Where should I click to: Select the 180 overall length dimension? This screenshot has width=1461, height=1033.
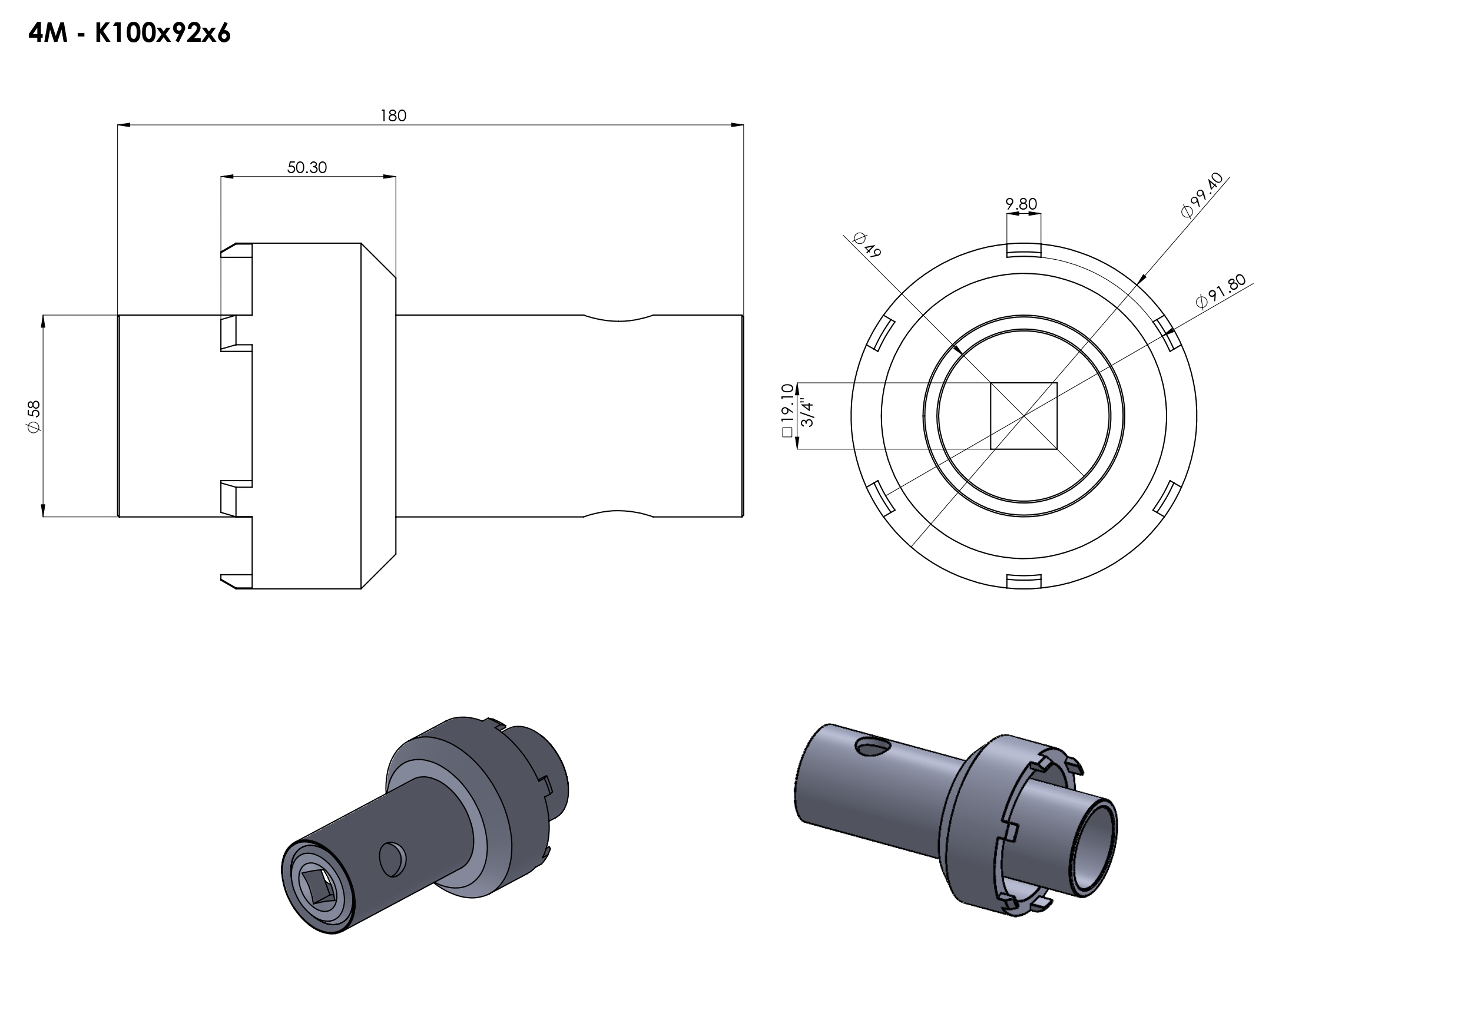pyautogui.click(x=393, y=115)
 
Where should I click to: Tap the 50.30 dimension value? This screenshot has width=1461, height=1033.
pyautogui.click(x=307, y=167)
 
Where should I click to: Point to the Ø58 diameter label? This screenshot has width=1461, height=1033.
pyautogui.click(x=34, y=416)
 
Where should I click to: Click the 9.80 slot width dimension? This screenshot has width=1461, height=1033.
pyautogui.click(x=1021, y=204)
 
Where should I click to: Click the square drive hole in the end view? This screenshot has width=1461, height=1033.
pyautogui.click(x=1023, y=416)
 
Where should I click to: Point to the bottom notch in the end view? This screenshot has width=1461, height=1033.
pyautogui.click(x=1024, y=582)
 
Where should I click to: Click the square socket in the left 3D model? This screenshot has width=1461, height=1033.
pyautogui.click(x=317, y=888)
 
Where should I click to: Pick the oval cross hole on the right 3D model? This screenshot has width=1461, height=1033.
pyautogui.click(x=874, y=747)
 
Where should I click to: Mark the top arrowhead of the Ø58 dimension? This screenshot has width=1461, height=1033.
pyautogui.click(x=43, y=322)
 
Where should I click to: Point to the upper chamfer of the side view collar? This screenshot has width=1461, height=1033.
pyautogui.click(x=379, y=260)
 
